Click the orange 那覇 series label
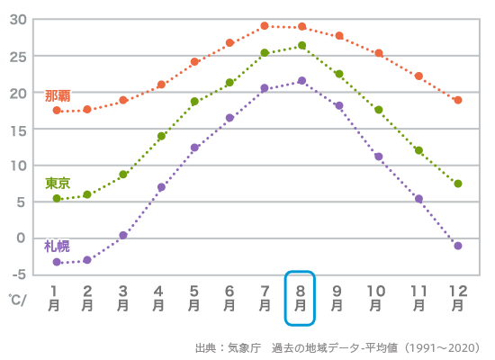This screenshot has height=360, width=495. tap(58, 95)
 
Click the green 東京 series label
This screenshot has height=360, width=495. tap(58, 183)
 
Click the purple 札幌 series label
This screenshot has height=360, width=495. tap(58, 246)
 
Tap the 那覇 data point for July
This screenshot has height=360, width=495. tap(265, 26)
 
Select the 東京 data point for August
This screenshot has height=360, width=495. tap(301, 45)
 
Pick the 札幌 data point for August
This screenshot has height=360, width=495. tap(301, 81)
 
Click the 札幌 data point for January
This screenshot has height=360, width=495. tap(57, 262)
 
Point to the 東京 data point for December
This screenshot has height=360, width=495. tap(458, 184)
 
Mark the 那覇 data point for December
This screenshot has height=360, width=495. tap(458, 100)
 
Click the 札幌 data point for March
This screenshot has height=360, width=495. tap(123, 235)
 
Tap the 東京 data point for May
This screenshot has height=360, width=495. tap(194, 102)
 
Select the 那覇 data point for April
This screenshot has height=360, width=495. tap(161, 85)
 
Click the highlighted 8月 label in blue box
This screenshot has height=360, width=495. tap(300, 298)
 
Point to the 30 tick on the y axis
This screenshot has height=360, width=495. tap(17, 20)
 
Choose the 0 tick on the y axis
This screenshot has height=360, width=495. tap(22, 238)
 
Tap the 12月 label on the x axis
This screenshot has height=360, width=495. tap(458, 298)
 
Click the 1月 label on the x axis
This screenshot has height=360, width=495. tap(54, 298)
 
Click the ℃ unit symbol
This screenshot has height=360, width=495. tap(15, 298)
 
